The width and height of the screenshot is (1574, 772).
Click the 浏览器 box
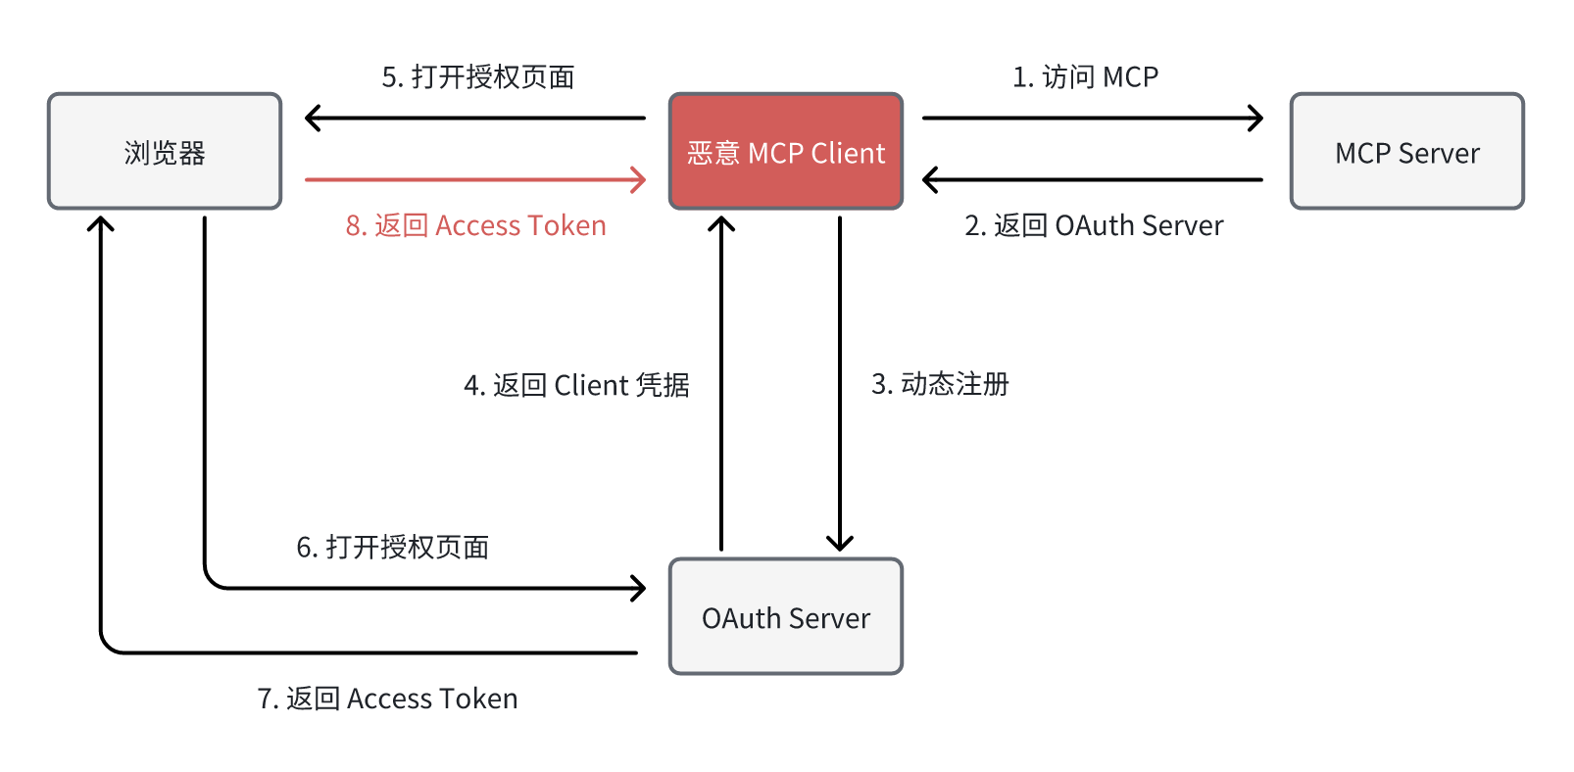tap(165, 152)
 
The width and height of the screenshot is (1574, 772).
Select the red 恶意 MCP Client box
tap(785, 152)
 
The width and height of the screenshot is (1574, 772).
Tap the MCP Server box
tap(1406, 152)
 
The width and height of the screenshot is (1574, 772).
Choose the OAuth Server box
tap(785, 617)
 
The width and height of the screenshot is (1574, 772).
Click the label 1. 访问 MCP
tap(1085, 76)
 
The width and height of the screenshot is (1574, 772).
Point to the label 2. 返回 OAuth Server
tap(1094, 225)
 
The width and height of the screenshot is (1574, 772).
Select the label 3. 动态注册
tap(940, 384)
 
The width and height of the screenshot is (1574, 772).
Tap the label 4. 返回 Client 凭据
tap(576, 385)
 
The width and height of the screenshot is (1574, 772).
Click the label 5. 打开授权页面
tap(478, 76)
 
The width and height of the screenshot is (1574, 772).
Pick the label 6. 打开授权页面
tap(393, 547)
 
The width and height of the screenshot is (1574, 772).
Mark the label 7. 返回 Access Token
tap(387, 699)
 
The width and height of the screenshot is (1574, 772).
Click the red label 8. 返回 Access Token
tap(475, 225)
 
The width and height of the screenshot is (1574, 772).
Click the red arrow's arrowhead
tap(640, 180)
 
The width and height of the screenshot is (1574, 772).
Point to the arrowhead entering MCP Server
tap(1256, 119)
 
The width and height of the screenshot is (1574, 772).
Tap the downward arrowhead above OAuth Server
tap(840, 544)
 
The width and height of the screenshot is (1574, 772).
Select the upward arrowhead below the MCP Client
tap(721, 223)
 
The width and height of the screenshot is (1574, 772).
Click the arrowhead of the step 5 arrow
tap(312, 119)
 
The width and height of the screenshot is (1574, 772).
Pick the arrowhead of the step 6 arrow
tap(639, 589)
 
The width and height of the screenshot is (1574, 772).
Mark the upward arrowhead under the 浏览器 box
tap(100, 223)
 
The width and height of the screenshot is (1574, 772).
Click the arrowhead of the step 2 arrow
tap(929, 180)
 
